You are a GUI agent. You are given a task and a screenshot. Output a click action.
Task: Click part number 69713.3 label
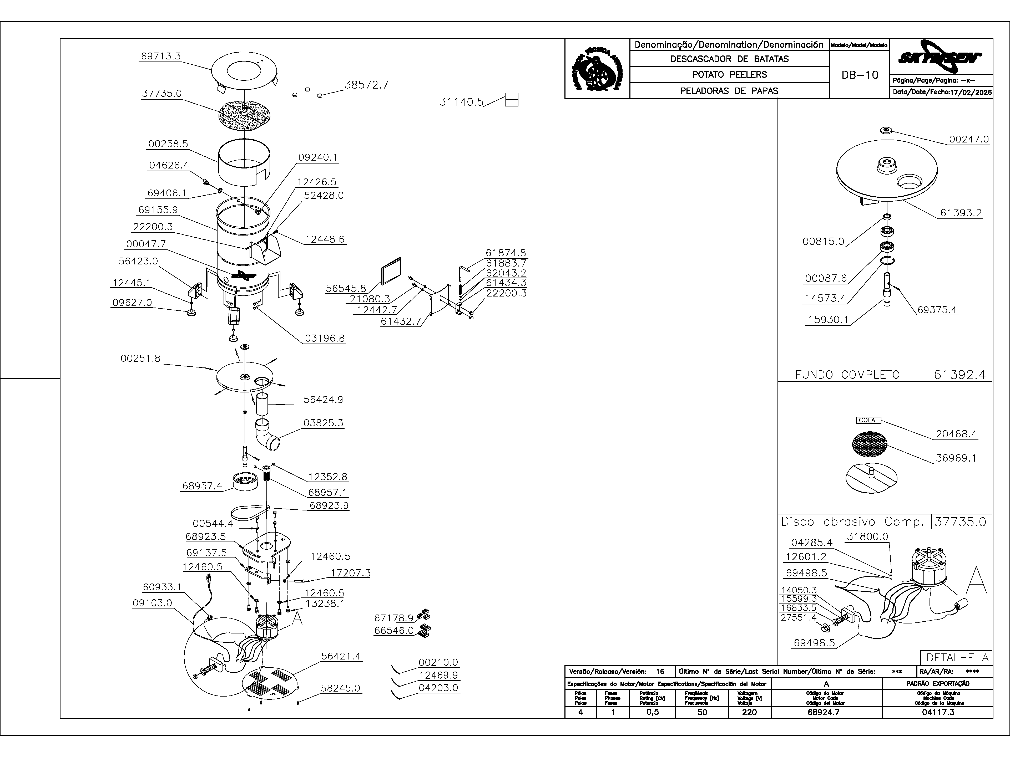[x=161, y=56]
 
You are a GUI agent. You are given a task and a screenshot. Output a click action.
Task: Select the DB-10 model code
[x=860, y=75]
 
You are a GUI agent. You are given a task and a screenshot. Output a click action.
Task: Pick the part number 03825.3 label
[x=323, y=423]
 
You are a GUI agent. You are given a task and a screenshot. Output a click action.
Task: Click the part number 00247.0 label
[x=968, y=139]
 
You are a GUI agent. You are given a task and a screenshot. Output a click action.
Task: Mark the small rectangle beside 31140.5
[x=511, y=100]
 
